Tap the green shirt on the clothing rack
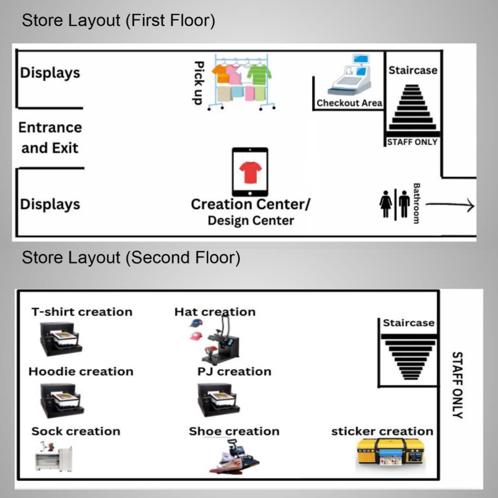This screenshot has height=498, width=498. (259, 74)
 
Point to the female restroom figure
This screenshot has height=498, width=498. (386, 204)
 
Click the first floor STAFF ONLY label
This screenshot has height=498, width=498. (412, 142)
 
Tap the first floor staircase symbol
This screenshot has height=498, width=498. (412, 107)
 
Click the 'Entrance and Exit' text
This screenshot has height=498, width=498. (50, 138)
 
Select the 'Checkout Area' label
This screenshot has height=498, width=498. (349, 103)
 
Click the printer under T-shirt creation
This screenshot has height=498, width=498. (60, 338)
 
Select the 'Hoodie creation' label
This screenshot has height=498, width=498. (81, 372)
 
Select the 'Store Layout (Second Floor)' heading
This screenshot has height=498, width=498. (131, 258)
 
